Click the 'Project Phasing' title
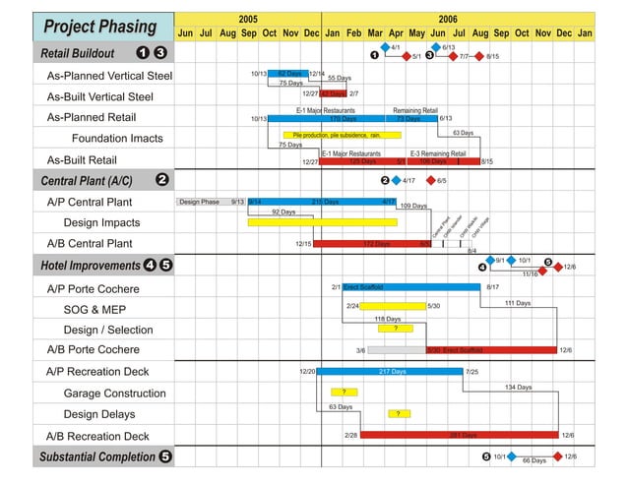[x=100, y=27]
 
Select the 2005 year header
[x=248, y=19]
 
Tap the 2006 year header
[x=448, y=19]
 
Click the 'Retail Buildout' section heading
[x=78, y=53]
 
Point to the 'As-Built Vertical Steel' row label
[x=100, y=96]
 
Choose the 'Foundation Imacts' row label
[x=117, y=138]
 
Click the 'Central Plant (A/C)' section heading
[x=87, y=180]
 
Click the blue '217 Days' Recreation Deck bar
[x=391, y=372]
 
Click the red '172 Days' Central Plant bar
[x=373, y=243]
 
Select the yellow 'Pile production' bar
[x=342, y=135]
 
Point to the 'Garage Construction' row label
[x=115, y=394]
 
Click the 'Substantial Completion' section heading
[x=97, y=456]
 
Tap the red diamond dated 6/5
[x=430, y=181]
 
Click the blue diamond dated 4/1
[x=385, y=47]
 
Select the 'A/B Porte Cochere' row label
[x=94, y=349]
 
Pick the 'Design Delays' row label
[x=99, y=414]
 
